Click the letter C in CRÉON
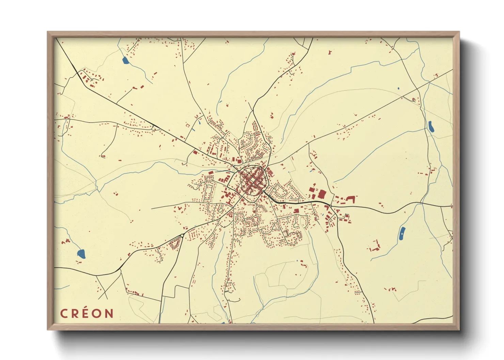click(64, 313)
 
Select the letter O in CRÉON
click(97, 313)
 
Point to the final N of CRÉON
click(109, 313)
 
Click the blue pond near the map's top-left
click(125, 61)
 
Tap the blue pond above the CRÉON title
click(81, 253)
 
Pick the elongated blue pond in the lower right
click(402, 234)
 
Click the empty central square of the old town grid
click(253, 180)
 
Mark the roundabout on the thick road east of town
click(331, 206)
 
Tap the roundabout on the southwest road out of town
click(182, 235)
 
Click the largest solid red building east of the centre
click(321, 194)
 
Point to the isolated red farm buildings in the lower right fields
click(375, 247)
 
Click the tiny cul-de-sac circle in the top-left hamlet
click(92, 80)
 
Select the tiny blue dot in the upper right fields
click(398, 88)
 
